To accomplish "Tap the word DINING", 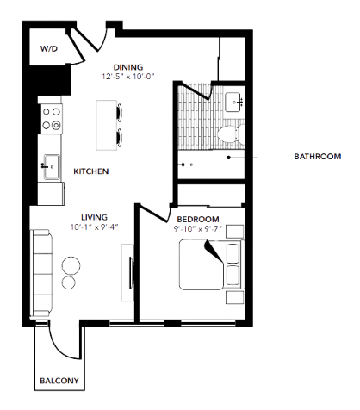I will point(129,67).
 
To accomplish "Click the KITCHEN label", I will point(90,172).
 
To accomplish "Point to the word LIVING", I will point(93,218).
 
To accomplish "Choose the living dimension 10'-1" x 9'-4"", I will point(95,227).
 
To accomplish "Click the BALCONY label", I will point(59,381).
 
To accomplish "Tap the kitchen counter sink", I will point(49,165).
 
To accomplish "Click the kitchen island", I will point(106,123).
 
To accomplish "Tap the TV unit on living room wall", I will point(128,271).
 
